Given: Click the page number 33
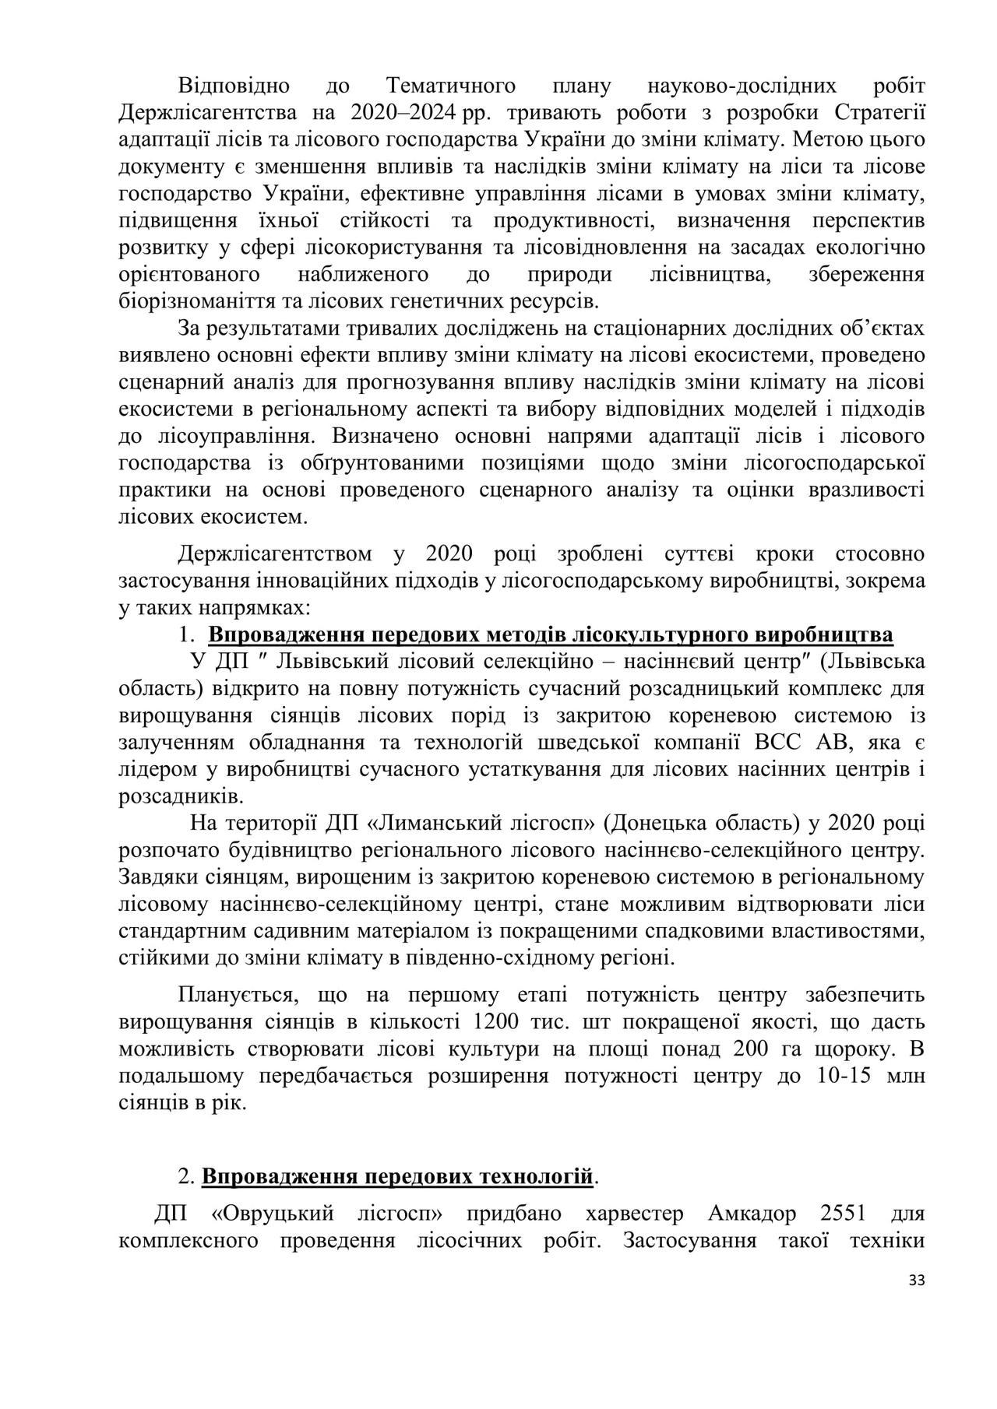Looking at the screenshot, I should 916,1281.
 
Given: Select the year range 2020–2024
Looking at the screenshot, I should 403,112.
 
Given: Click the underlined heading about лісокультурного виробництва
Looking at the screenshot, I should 550,634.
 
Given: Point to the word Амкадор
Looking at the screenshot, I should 753,1214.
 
